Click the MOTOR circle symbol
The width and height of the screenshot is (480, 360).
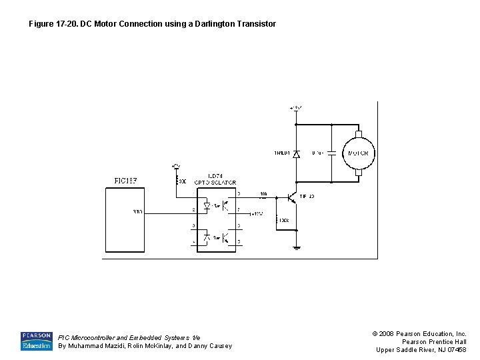coord(358,153)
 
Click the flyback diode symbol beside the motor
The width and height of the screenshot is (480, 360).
coord(297,153)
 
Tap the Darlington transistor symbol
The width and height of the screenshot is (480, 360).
coord(292,197)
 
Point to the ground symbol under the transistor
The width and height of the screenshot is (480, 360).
coord(297,247)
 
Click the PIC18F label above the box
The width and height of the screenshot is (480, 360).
coord(125,180)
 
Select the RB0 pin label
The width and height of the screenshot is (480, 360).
coord(137,213)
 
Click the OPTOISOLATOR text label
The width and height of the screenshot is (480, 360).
coord(215,182)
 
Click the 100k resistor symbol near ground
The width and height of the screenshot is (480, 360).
coord(276,219)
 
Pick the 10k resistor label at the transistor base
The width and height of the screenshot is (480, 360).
coord(263,194)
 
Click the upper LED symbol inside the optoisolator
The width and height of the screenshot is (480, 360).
coord(208,207)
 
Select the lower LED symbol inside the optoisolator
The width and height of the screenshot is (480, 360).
coord(208,236)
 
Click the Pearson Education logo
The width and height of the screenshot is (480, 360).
coord(36,341)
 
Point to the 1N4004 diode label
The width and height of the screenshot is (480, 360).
coord(281,153)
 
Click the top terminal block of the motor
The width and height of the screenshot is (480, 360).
coord(358,133)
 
